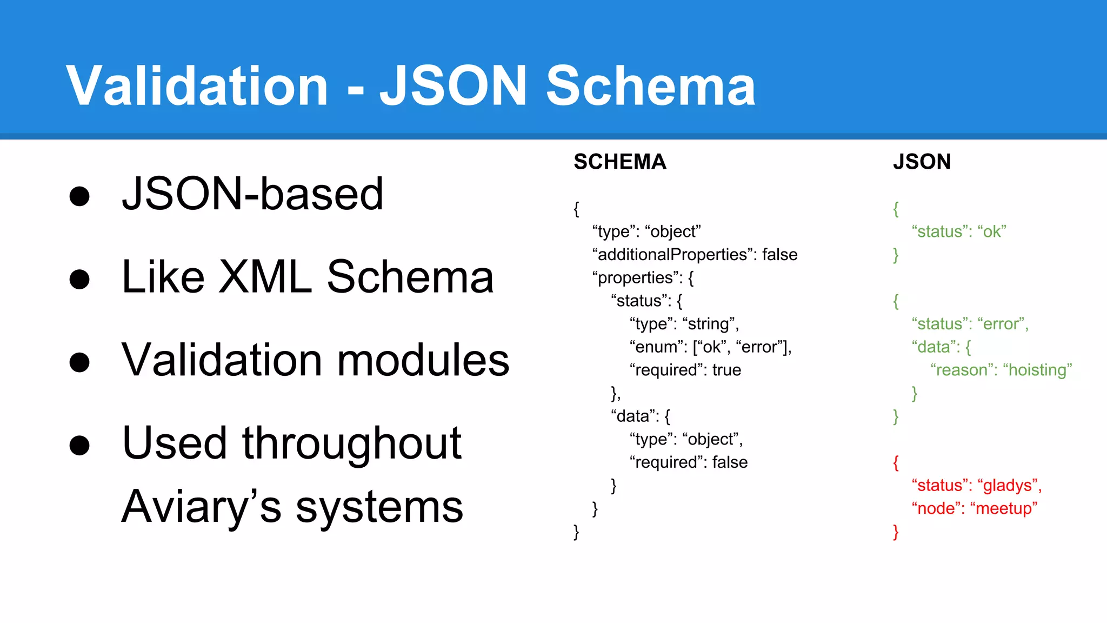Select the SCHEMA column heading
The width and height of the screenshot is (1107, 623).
[619, 162]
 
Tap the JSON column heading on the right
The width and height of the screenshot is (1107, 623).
[922, 162]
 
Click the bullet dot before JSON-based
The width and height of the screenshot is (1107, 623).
[79, 196]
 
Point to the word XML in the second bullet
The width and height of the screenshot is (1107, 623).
[265, 277]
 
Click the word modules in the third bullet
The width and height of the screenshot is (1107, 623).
[423, 360]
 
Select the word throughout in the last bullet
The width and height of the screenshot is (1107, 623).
[351, 443]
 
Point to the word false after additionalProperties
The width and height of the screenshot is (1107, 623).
[779, 255]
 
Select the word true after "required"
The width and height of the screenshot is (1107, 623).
[726, 370]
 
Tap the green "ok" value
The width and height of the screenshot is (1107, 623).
[992, 232]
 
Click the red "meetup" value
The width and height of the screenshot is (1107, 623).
[1004, 509]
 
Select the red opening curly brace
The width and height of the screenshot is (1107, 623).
[896, 463]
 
